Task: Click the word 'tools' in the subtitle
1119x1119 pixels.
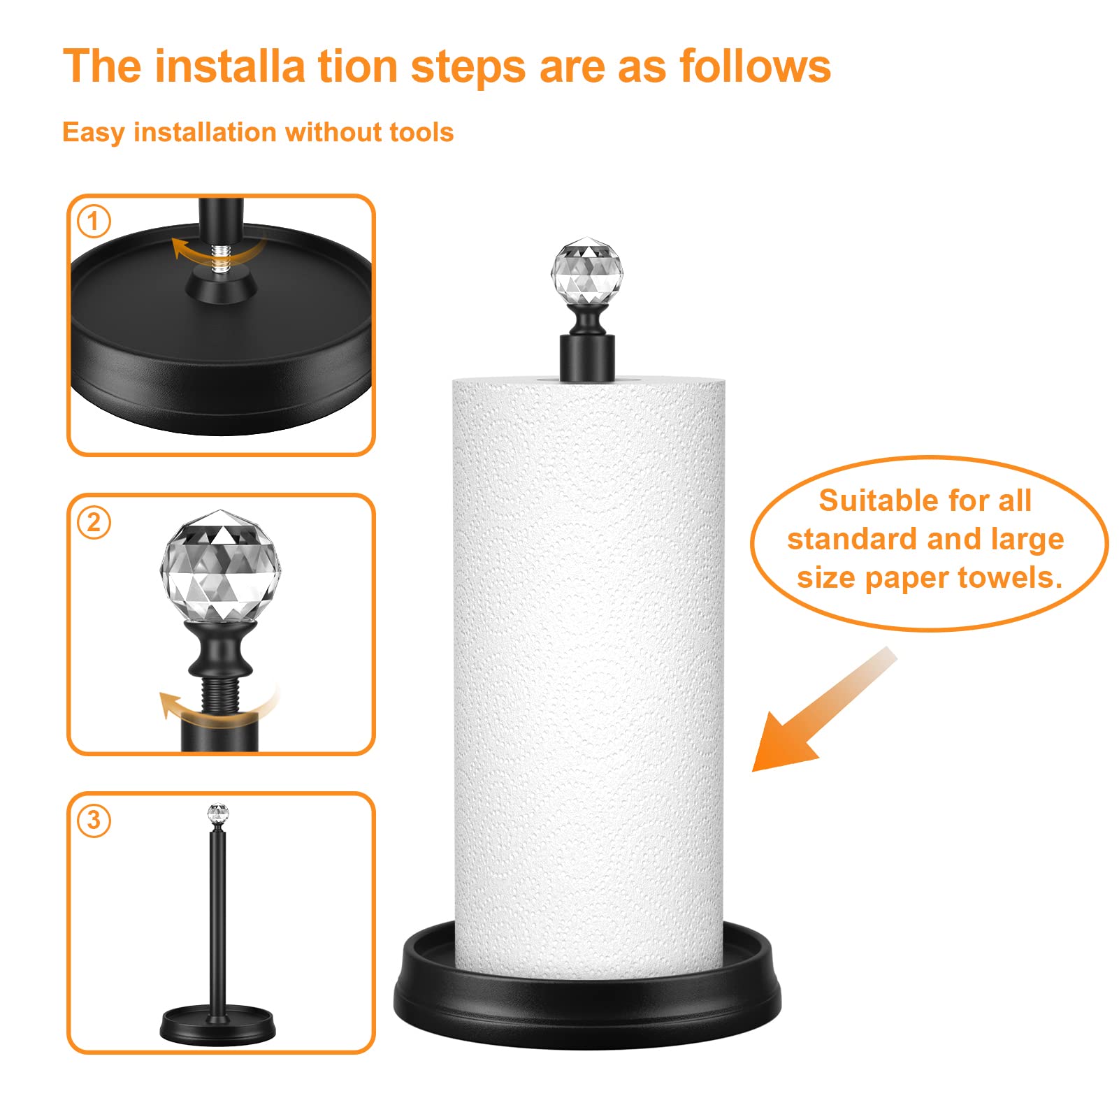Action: pos(421,132)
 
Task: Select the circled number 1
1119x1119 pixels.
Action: pos(94,222)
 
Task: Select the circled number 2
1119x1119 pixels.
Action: pos(94,521)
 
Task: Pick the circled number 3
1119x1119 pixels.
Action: pos(94,819)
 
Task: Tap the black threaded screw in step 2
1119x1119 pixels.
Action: pos(221,695)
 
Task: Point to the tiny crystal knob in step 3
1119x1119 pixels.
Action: pos(218,814)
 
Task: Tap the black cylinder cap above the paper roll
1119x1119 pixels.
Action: pos(587,357)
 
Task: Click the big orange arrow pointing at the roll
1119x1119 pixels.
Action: pos(811,720)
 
